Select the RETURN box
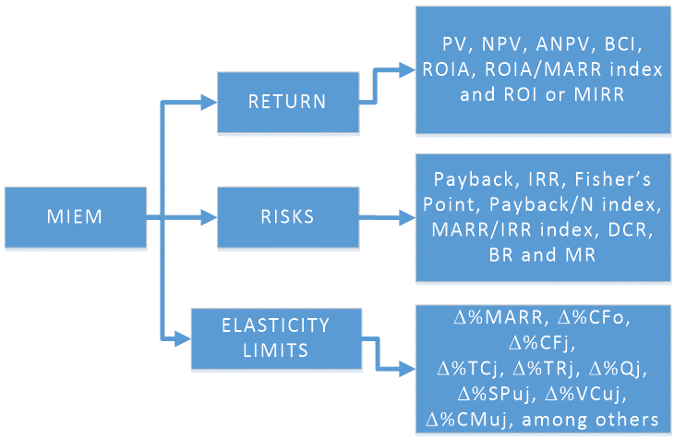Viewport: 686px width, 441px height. click(287, 101)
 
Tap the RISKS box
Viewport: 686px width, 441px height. click(287, 218)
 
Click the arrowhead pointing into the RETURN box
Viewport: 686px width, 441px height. click(210, 102)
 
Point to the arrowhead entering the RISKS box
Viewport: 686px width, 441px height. click(210, 219)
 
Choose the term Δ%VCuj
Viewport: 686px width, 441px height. click(586, 394)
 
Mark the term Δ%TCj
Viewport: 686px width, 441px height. click(471, 370)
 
